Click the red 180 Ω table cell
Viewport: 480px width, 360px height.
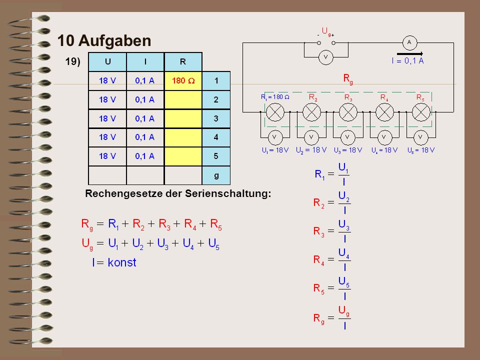pyautogui.click(x=183, y=81)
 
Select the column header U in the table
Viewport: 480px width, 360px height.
pyautogui.click(x=107, y=62)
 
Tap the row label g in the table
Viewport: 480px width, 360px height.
pyautogui.click(x=216, y=175)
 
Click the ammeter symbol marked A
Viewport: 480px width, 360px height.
pyautogui.click(x=409, y=43)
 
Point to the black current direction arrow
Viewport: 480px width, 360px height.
pyautogui.click(x=410, y=54)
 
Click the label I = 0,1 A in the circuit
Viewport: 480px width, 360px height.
pyautogui.click(x=408, y=61)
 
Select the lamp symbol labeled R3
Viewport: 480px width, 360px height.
pyautogui.click(x=348, y=112)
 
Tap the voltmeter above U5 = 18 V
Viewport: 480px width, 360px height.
pyautogui.click(x=420, y=137)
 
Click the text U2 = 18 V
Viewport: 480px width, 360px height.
pyautogui.click(x=311, y=150)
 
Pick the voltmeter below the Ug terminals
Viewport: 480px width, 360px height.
pyautogui.click(x=325, y=57)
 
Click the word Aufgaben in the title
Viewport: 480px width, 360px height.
pyautogui.click(x=115, y=40)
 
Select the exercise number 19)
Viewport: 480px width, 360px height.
pyautogui.click(x=72, y=61)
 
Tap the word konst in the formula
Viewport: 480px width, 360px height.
pyautogui.click(x=122, y=262)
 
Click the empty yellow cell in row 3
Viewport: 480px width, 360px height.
pyautogui.click(x=183, y=118)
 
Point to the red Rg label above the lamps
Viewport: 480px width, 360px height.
pyautogui.click(x=348, y=79)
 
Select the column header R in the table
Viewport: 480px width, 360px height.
pyautogui.click(x=183, y=62)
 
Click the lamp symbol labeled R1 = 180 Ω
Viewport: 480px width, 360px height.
pyautogui.click(x=275, y=112)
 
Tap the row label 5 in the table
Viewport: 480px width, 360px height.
pyautogui.click(x=216, y=156)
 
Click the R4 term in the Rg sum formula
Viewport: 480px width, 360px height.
pyautogui.click(x=190, y=224)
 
